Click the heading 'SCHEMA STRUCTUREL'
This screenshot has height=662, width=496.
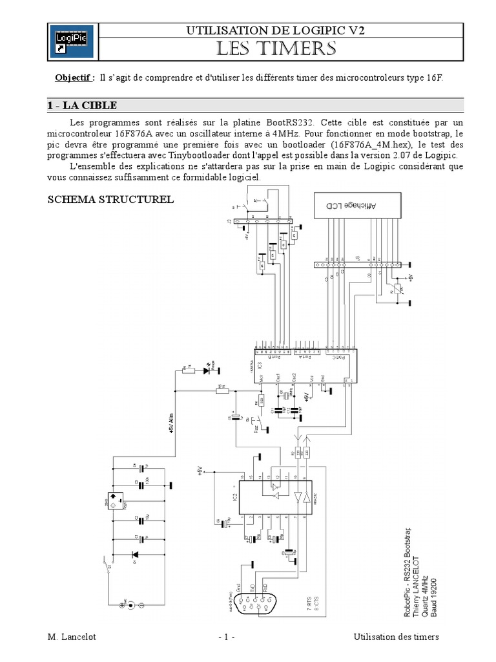click(x=111, y=199)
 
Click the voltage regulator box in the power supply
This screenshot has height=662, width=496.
click(x=112, y=500)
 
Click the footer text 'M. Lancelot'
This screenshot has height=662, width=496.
click(x=72, y=637)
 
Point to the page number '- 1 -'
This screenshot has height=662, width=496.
click(x=226, y=637)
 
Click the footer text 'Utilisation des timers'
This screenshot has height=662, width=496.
click(x=396, y=637)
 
